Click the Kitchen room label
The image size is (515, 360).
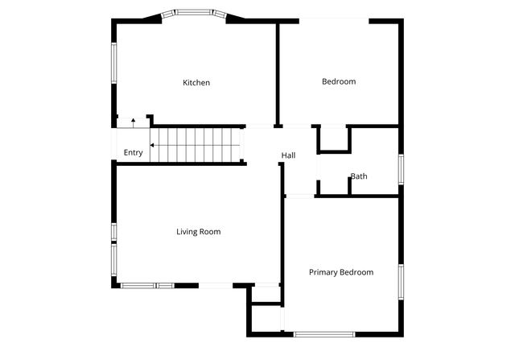[196, 82]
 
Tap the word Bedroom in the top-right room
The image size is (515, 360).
[339, 81]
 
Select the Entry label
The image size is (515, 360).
[133, 152]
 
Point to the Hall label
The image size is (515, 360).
[288, 155]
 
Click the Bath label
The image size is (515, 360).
[359, 176]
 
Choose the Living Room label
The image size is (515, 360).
[198, 232]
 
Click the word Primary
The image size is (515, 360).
[323, 272]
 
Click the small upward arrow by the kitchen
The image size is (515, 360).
[133, 122]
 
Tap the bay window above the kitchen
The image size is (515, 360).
[190, 13]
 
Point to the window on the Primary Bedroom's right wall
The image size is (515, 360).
[400, 283]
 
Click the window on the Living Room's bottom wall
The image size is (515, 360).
[147, 285]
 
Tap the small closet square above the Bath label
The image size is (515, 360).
[333, 139]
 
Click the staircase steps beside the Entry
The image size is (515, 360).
[197, 144]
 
